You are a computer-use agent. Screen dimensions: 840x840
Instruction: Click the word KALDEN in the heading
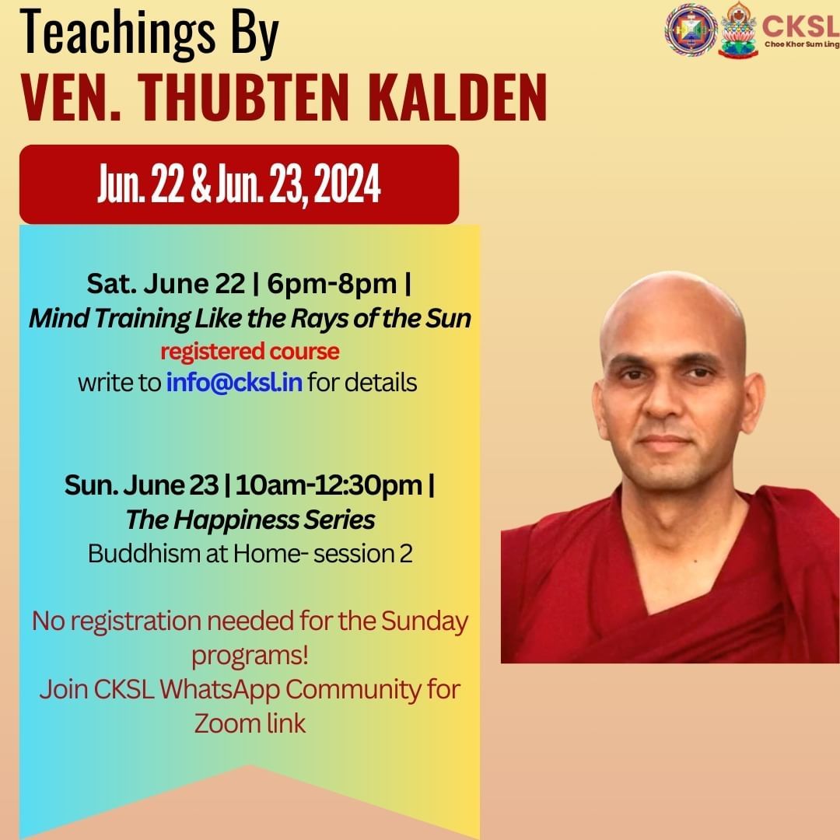457,98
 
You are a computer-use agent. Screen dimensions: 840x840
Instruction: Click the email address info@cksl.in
234,383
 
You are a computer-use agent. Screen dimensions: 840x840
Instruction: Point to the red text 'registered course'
250,352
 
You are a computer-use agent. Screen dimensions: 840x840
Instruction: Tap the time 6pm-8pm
332,283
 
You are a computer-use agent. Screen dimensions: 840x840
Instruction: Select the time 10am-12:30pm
329,485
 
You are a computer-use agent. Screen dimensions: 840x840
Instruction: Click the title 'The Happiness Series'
250,520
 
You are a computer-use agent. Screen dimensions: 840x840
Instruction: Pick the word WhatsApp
219,689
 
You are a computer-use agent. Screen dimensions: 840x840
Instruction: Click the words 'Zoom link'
250,723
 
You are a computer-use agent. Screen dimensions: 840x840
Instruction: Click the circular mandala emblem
691,30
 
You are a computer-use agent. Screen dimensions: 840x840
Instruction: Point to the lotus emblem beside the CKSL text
738,30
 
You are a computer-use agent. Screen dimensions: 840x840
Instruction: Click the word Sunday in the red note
425,622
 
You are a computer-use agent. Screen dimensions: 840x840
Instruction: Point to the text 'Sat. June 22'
166,283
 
